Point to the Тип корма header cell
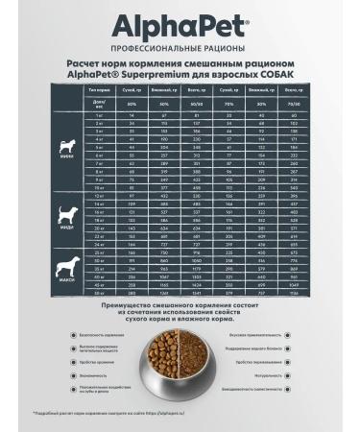[96, 87]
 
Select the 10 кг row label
[97, 186]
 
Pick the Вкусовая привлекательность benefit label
[252, 337]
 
